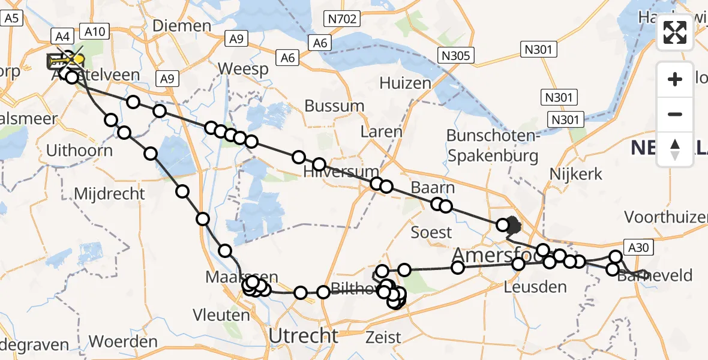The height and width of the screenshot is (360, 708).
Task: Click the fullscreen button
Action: tap(675, 33)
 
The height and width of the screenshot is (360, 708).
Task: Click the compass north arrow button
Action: tap(675, 149)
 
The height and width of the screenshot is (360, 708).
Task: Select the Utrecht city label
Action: tap(304, 336)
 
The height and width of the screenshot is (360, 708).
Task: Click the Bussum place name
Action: tap(334, 106)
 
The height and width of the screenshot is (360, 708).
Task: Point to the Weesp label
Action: tap(242, 68)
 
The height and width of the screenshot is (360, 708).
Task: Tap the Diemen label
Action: tap(182, 26)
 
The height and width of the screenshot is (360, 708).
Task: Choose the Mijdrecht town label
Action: tap(109, 194)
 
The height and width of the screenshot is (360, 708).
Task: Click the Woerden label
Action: tap(122, 342)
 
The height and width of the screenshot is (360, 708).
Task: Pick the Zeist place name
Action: tap(383, 337)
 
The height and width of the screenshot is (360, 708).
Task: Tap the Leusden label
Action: tap(536, 287)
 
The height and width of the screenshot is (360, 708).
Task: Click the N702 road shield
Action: tap(343, 19)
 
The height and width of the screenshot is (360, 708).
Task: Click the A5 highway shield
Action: tap(11, 19)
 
